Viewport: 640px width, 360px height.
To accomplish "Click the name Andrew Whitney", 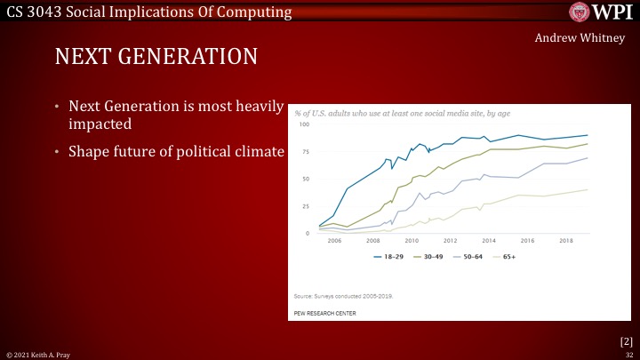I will (582, 39).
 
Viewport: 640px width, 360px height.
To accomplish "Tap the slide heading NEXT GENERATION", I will (156, 57).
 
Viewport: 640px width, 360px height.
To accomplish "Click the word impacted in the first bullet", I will (100, 124).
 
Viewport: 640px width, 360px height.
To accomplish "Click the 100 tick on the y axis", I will (303, 124).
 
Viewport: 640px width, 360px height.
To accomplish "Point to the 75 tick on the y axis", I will (305, 152).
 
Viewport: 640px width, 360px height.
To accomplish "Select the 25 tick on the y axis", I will (305, 206).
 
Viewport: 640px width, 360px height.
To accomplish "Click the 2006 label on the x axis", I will (334, 241).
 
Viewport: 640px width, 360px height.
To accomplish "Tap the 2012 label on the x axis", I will (450, 241).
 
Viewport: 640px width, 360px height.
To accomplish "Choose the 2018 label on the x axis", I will (565, 241).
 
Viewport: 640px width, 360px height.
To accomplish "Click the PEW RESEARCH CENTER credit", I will (325, 314).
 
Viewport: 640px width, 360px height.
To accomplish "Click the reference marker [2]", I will (625, 340).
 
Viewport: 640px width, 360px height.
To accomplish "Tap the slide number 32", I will (628, 354).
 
